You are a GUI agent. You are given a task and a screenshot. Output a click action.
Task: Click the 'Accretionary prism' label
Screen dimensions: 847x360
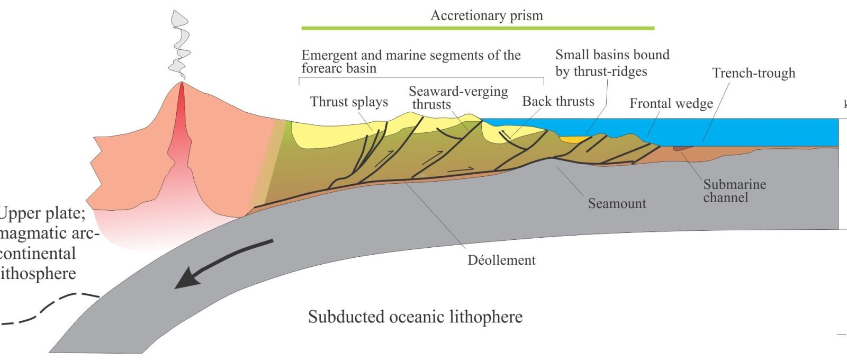coord(486,16)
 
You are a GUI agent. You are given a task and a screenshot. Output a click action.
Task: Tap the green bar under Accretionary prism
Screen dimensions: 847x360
coord(478,28)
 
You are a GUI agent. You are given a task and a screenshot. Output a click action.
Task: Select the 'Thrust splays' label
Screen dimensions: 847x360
coord(349,102)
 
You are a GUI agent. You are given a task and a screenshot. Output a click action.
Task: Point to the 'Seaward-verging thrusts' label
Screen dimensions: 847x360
coord(458,97)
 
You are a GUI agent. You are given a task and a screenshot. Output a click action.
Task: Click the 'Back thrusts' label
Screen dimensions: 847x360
coord(558,101)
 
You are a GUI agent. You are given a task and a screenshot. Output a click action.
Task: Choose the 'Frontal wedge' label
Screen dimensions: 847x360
coord(671,103)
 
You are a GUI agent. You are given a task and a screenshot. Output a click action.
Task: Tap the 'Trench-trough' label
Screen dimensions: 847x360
coord(754,73)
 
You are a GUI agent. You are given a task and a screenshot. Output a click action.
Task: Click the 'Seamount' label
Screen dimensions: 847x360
coord(617,203)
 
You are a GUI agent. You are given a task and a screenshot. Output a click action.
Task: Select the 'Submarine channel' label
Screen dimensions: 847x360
coord(734,191)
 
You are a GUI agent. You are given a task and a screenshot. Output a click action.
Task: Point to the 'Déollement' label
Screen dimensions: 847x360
coord(501,260)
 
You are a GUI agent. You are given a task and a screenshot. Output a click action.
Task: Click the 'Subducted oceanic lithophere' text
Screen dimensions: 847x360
coord(415,317)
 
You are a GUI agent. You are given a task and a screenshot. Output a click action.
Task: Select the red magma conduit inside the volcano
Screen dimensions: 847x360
coord(181,125)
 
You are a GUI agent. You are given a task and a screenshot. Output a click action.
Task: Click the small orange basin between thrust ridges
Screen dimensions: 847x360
coord(572,139)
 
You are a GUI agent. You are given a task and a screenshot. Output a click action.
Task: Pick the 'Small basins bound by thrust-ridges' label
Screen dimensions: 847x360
coord(612,63)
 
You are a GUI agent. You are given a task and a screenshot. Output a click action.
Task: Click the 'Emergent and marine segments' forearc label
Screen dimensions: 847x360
coord(411,61)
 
